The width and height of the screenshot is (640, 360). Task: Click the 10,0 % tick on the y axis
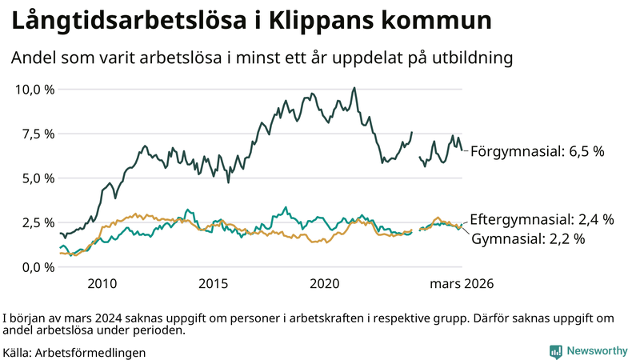34,89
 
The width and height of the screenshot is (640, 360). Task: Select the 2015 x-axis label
214,284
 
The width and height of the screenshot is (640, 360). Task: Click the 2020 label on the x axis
325,284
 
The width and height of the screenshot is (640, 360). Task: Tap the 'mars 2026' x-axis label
462,284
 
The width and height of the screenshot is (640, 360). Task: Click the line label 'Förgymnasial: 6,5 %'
537,150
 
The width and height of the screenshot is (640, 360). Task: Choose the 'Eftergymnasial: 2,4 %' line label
542,218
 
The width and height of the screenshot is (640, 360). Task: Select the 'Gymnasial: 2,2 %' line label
529,238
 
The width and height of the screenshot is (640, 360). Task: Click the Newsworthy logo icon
555,351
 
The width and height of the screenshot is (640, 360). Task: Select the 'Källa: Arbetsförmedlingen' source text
74,352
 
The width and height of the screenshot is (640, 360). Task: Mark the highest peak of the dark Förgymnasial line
354,88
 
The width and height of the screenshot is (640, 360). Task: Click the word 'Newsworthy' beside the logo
598,351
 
